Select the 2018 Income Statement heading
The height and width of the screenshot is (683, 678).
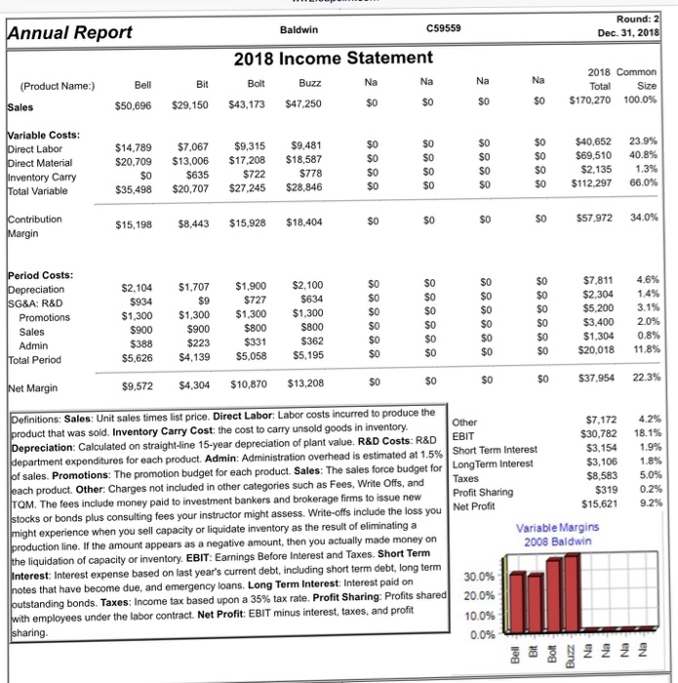[x=333, y=60]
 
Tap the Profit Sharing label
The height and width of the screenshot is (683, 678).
[x=486, y=493]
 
